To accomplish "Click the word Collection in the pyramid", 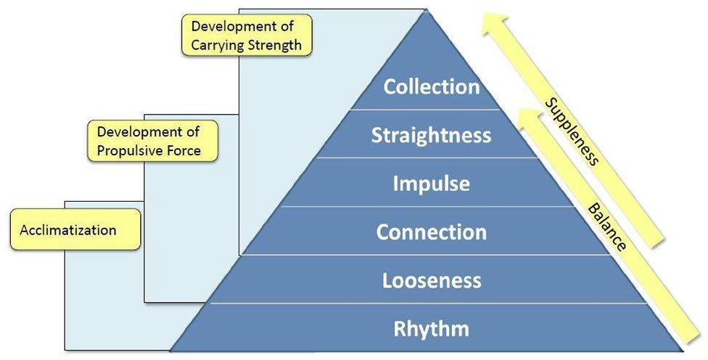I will pyautogui.click(x=432, y=86).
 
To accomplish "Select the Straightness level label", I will pyautogui.click(x=431, y=135).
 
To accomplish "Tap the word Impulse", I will pyautogui.click(x=431, y=184).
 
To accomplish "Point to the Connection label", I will pyautogui.click(x=431, y=232).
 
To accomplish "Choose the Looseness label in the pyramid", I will pyautogui.click(x=431, y=281).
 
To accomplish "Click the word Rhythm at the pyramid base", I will pyautogui.click(x=431, y=329).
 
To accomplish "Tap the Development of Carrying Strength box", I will pyautogui.click(x=246, y=36).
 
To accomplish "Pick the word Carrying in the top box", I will pyautogui.click(x=221, y=45).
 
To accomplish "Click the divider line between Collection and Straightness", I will pyautogui.click(x=431, y=110).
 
